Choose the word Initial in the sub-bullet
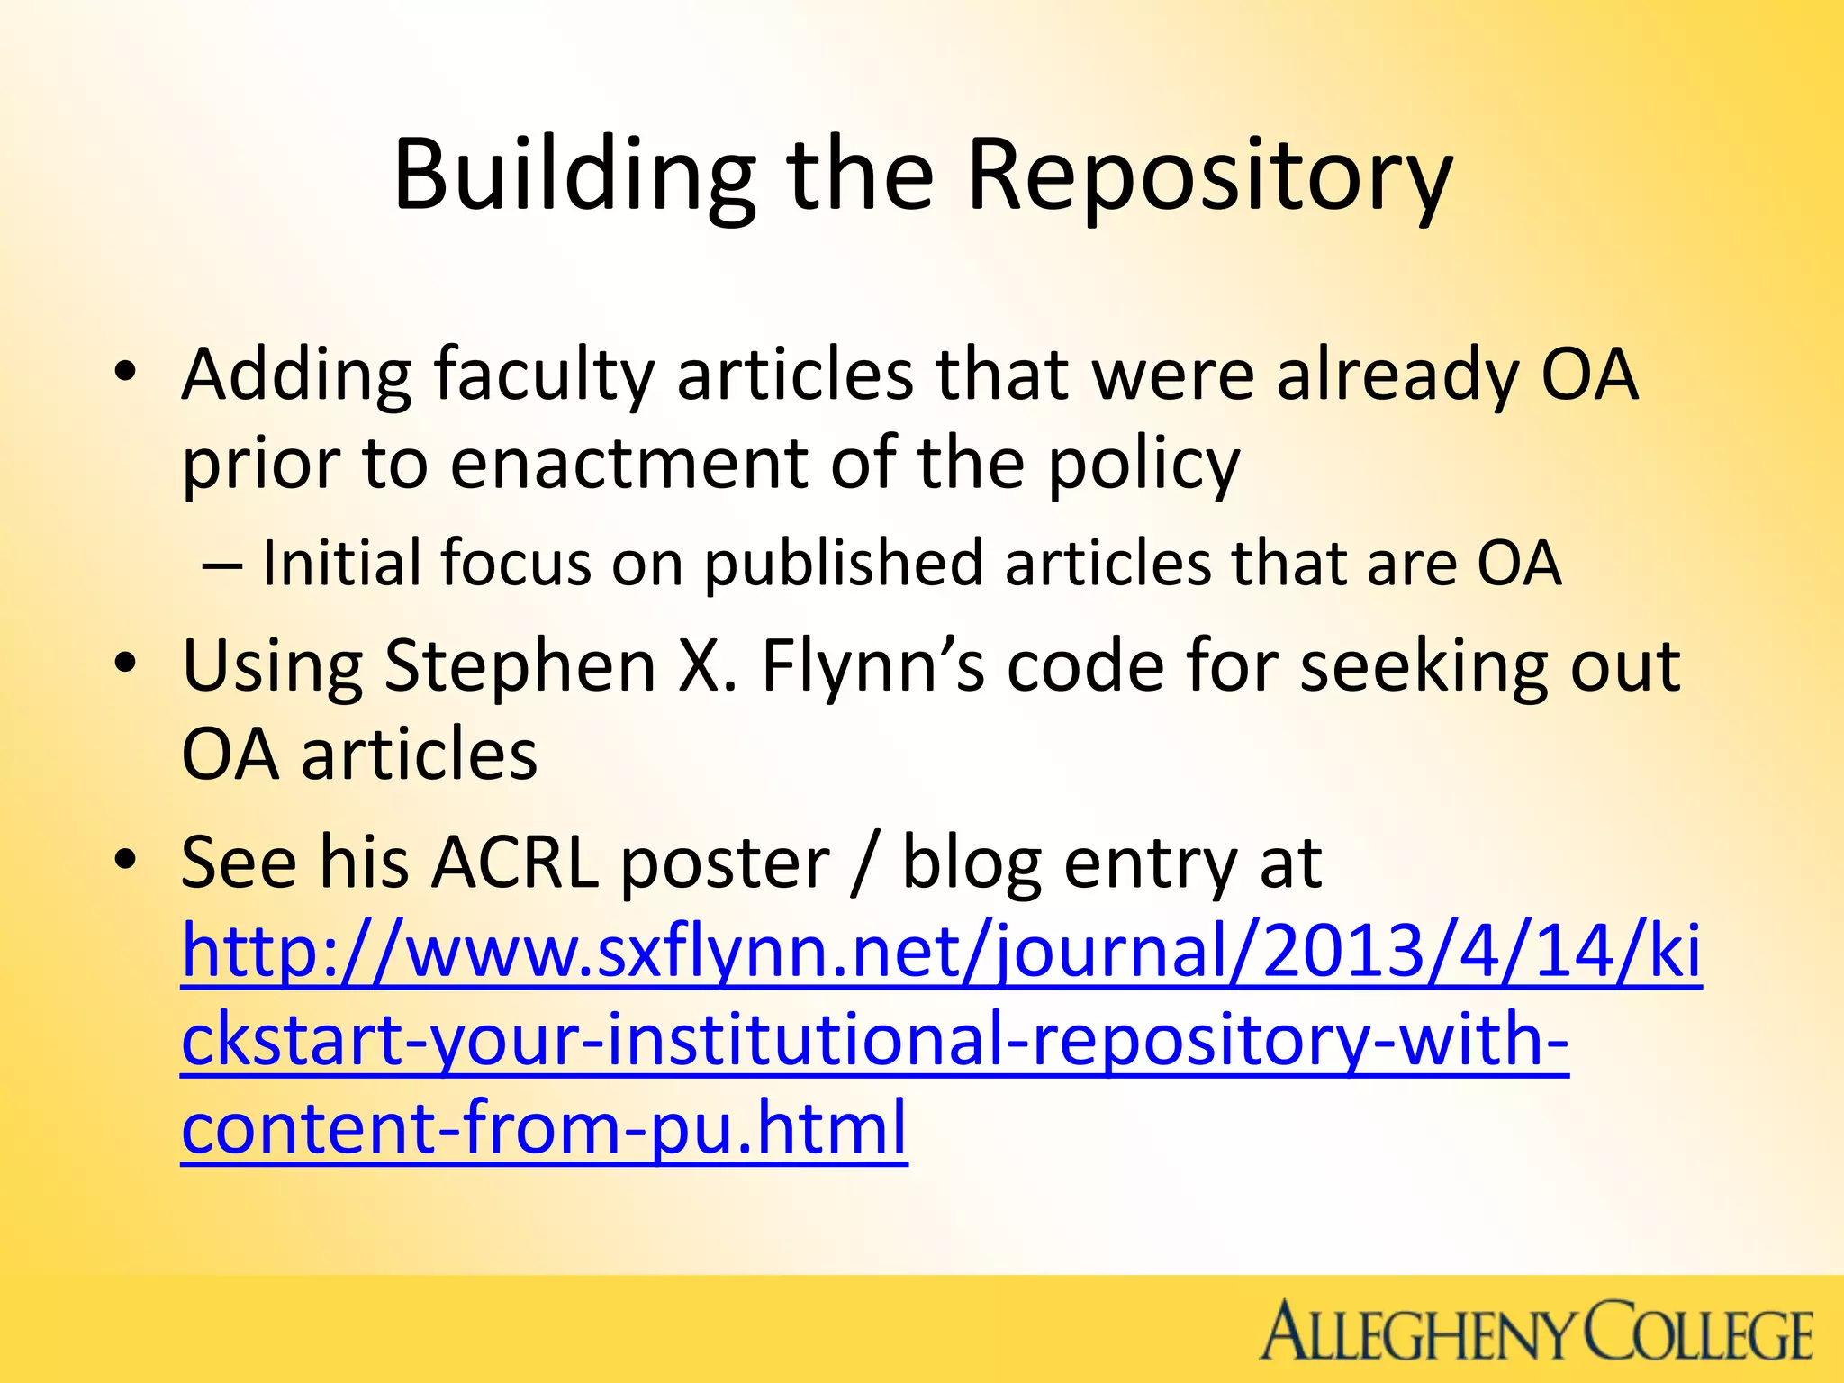pos(340,564)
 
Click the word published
pos(843,564)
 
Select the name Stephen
pos(520,666)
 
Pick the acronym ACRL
pos(515,863)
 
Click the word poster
pos(725,863)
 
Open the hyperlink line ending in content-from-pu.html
pos(544,1128)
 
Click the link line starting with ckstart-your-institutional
pos(874,1040)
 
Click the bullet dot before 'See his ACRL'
pos(125,860)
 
